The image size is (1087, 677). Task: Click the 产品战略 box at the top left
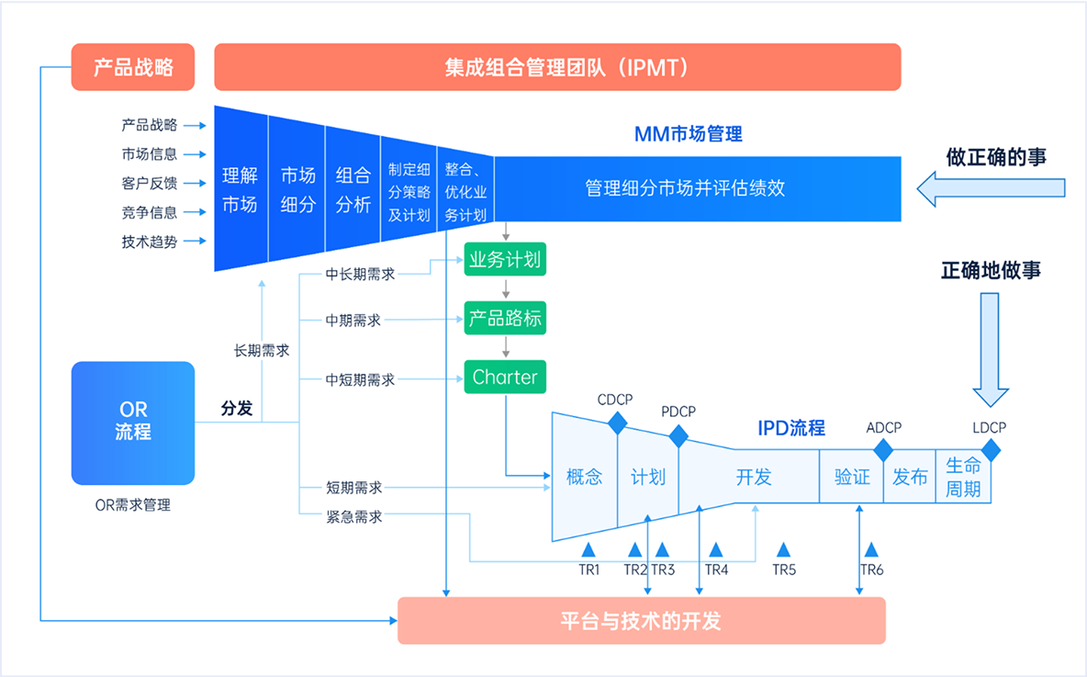pos(133,67)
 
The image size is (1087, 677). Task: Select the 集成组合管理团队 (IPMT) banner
pos(557,67)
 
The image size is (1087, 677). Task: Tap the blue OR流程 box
pos(133,423)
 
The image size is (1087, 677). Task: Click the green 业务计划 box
pos(505,260)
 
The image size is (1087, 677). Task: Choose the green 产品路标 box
pos(505,320)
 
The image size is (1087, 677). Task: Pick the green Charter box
pos(505,378)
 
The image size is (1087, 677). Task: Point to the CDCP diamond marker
pos(617,423)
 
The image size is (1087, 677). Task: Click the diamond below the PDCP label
pos(678,434)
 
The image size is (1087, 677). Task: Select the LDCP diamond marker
pos(990,450)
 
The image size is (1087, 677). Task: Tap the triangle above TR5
pos(783,549)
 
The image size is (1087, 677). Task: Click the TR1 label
pos(588,570)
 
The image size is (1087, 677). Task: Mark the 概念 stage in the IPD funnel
pos(584,477)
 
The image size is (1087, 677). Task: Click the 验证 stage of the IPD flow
pos(852,477)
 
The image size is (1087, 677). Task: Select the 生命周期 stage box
pos(963,477)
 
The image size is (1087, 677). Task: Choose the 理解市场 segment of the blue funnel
pos(240,189)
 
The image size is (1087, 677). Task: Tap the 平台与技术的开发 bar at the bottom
pos(641,620)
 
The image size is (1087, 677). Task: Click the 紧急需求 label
pos(354,517)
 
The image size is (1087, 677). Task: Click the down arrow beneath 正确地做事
pos(990,349)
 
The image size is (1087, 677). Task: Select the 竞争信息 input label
pos(150,212)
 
